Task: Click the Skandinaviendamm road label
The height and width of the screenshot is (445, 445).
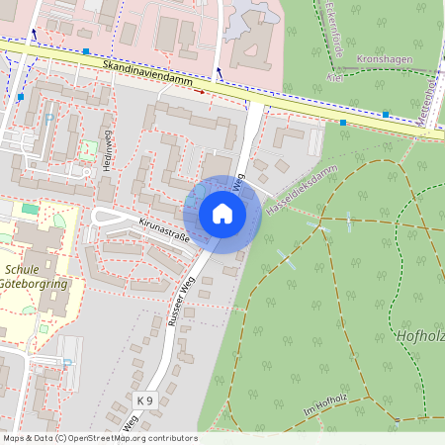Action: coord(148,75)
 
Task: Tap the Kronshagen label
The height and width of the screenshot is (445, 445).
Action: coord(384,58)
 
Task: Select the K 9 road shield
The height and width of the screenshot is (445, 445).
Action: coord(145,400)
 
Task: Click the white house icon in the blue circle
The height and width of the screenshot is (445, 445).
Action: coord(222,214)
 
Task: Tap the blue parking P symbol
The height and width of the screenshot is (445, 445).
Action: coord(48,119)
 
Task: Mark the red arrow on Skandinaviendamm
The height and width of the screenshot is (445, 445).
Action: coord(200,92)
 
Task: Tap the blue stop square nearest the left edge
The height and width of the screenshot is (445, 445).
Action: coord(20,97)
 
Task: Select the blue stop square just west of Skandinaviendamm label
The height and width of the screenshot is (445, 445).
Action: coord(86,50)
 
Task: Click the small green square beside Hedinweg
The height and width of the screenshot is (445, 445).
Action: coord(88,149)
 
